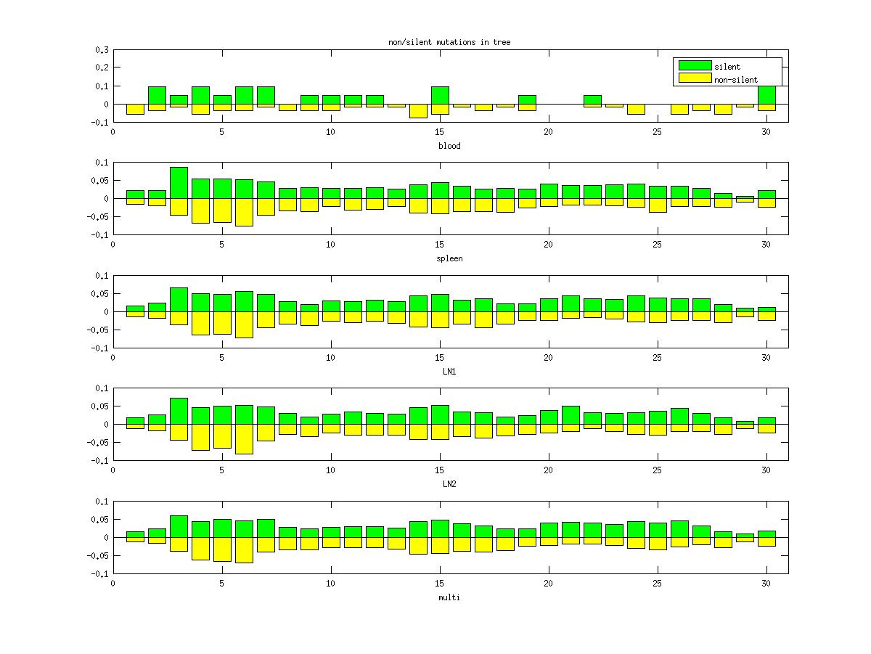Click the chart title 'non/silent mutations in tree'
pyautogui.click(x=449, y=43)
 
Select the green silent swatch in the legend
pyautogui.click(x=694, y=66)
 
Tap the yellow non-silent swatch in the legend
pyautogui.click(x=694, y=78)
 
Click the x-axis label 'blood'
pyautogui.click(x=449, y=146)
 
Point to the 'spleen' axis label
pyautogui.click(x=449, y=258)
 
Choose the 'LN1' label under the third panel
pyautogui.click(x=449, y=372)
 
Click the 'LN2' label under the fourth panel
pyautogui.click(x=449, y=484)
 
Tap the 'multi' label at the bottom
pyautogui.click(x=449, y=597)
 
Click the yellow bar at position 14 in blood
pyautogui.click(x=418, y=110)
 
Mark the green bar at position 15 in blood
pyautogui.click(x=440, y=95)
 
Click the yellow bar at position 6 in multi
pyautogui.click(x=244, y=550)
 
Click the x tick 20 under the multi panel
pyautogui.click(x=548, y=582)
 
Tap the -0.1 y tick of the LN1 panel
pyautogui.click(x=100, y=348)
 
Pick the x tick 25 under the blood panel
pyautogui.click(x=657, y=131)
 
